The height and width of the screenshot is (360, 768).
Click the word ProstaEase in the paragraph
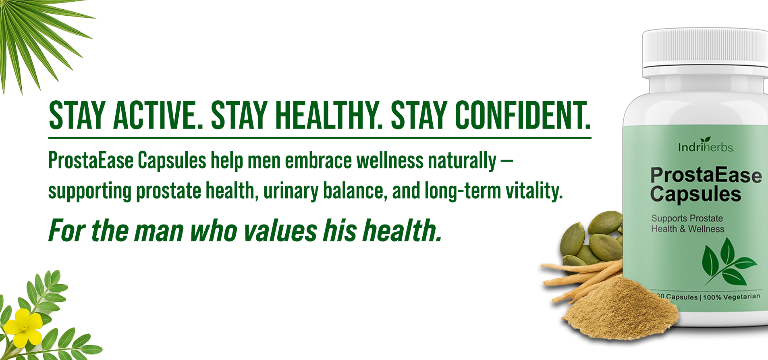91,160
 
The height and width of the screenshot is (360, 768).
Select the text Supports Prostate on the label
687,218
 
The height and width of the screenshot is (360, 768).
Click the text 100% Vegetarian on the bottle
731,297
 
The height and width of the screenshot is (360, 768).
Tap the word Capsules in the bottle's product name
695,194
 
